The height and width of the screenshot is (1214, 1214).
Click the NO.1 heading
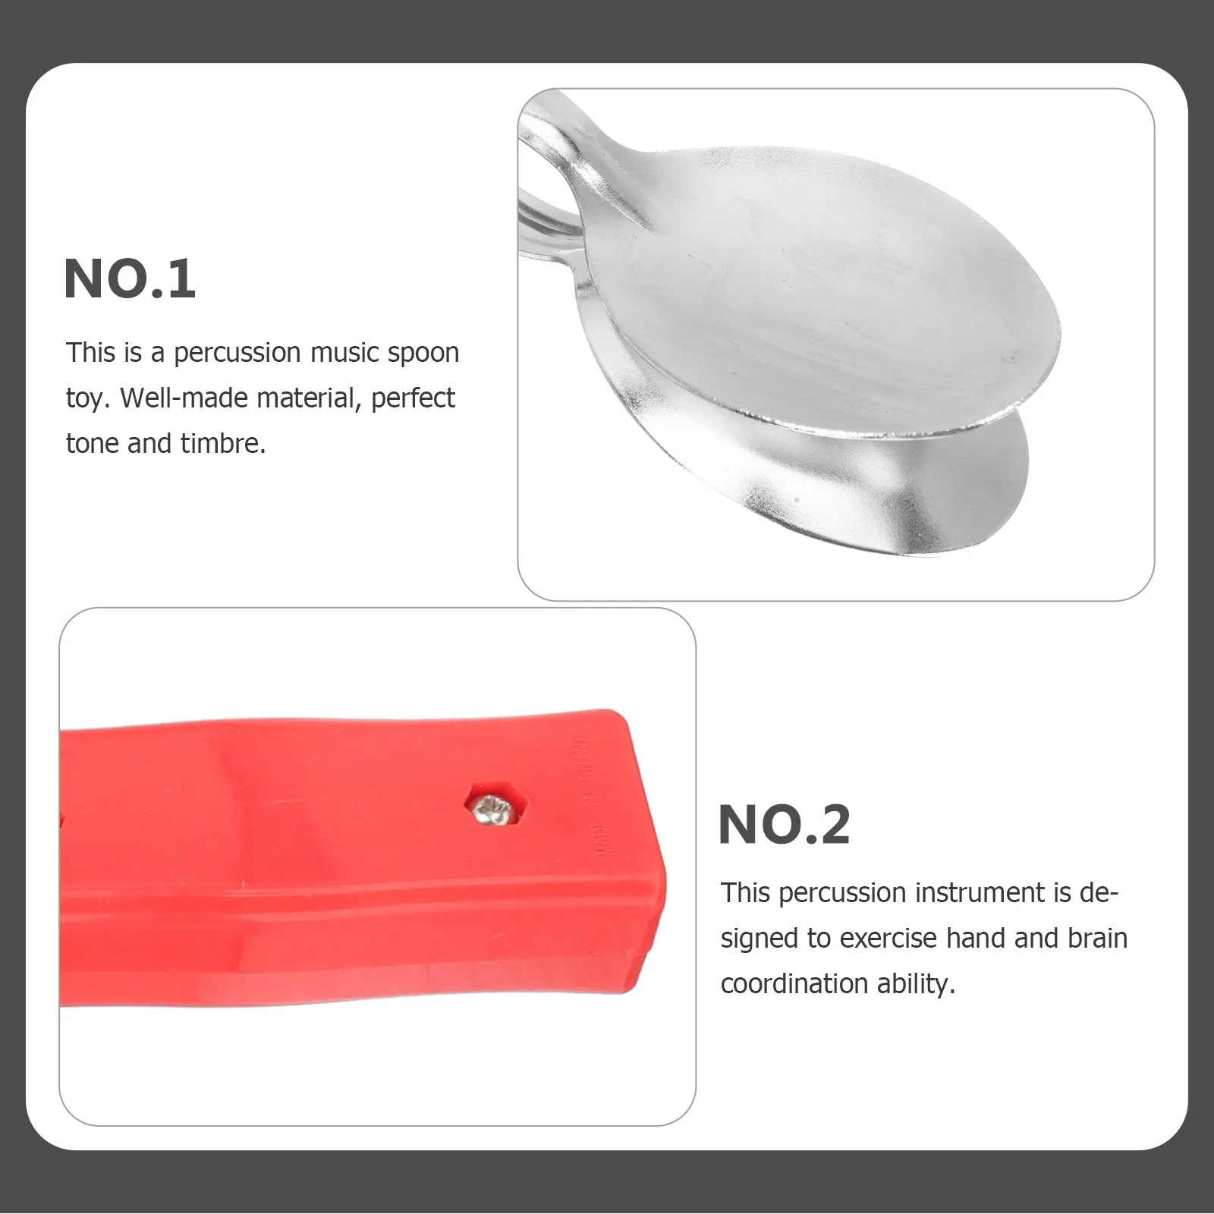[x=130, y=279]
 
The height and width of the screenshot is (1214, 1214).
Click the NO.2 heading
[x=784, y=825]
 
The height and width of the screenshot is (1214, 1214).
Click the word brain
[x=1097, y=939]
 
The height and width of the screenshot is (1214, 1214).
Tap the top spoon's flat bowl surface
[x=819, y=303]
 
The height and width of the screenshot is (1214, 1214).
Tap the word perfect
[x=413, y=398]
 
